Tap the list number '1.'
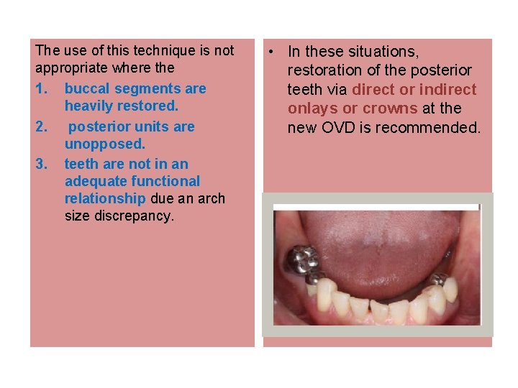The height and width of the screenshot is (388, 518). pos(42,89)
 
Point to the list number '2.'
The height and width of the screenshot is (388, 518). pos(42,126)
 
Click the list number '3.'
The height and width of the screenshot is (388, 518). pos(42,164)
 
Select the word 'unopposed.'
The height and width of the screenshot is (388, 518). pos(104,144)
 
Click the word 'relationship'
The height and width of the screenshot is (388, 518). pos(105,199)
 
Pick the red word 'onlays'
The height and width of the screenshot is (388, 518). pos(312,108)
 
